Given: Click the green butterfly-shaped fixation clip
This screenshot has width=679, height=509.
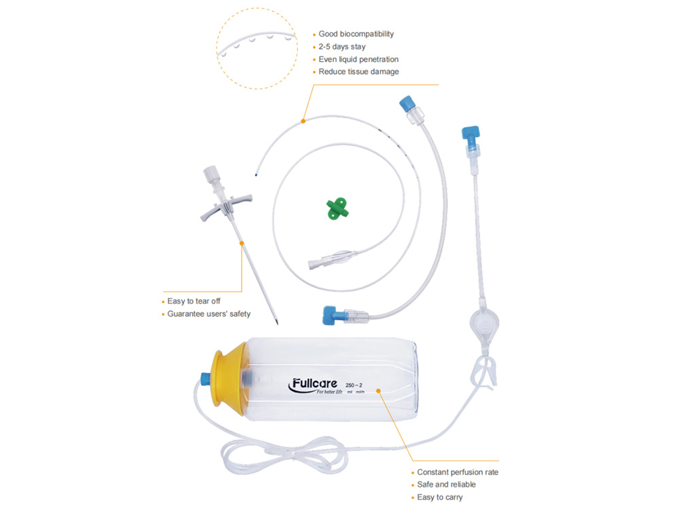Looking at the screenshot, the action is pyautogui.click(x=337, y=208).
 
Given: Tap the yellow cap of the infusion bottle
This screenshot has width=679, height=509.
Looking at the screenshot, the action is pyautogui.click(x=229, y=380).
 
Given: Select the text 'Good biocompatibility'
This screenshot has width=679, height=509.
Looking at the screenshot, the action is pyautogui.click(x=356, y=34).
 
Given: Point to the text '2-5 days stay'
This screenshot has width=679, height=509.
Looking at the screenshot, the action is pyautogui.click(x=342, y=46).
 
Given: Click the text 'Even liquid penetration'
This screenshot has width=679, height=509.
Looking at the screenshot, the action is pyautogui.click(x=358, y=59).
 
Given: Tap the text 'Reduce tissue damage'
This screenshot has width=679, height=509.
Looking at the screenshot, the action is pyautogui.click(x=359, y=71).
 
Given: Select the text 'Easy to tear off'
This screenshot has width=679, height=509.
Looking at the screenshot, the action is pyautogui.click(x=194, y=301).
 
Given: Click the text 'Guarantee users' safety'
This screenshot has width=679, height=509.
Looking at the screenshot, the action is pyautogui.click(x=208, y=314).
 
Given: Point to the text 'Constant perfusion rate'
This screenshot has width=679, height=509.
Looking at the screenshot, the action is pyautogui.click(x=457, y=472).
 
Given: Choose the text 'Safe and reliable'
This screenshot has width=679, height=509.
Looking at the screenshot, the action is pyautogui.click(x=446, y=485).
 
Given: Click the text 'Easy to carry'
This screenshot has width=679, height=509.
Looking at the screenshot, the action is pyautogui.click(x=439, y=497).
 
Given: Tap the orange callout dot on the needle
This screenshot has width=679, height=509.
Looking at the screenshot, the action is pyautogui.click(x=242, y=243).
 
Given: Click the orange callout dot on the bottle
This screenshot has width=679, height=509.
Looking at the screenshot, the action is pyautogui.click(x=378, y=391).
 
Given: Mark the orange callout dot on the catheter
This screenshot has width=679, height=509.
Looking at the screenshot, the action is pyautogui.click(x=303, y=121).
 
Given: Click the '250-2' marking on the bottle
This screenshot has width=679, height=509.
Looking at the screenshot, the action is pyautogui.click(x=354, y=385).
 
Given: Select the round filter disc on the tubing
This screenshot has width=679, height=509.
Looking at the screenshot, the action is pyautogui.click(x=484, y=322).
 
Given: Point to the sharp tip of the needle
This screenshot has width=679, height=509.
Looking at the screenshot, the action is pyautogui.click(x=277, y=324).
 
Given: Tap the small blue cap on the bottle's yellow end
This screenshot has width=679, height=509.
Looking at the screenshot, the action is pyautogui.click(x=205, y=378).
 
